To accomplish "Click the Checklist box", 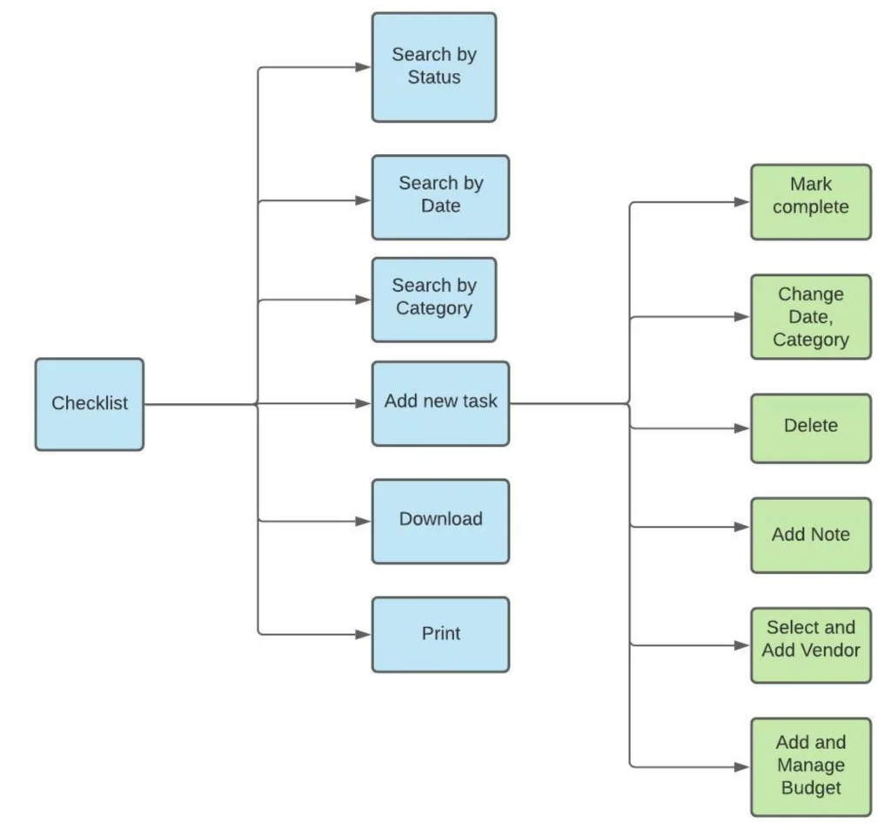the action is [90, 404].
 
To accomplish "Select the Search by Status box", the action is [434, 67].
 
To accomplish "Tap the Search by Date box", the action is [440, 198].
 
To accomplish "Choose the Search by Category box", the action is [434, 300].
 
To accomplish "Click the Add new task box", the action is [440, 403].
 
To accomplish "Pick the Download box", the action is [440, 521].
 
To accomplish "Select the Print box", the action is [440, 634].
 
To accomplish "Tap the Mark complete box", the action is [811, 202].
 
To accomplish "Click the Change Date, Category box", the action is [811, 317].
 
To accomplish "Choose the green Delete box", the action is [811, 428].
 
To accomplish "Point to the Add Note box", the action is [811, 536].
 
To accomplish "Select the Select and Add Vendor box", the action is [811, 645].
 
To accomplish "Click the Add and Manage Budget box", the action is [811, 766].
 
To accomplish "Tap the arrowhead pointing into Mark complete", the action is [742, 202].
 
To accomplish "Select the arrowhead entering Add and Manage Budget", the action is [742, 766].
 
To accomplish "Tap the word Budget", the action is [811, 788].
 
